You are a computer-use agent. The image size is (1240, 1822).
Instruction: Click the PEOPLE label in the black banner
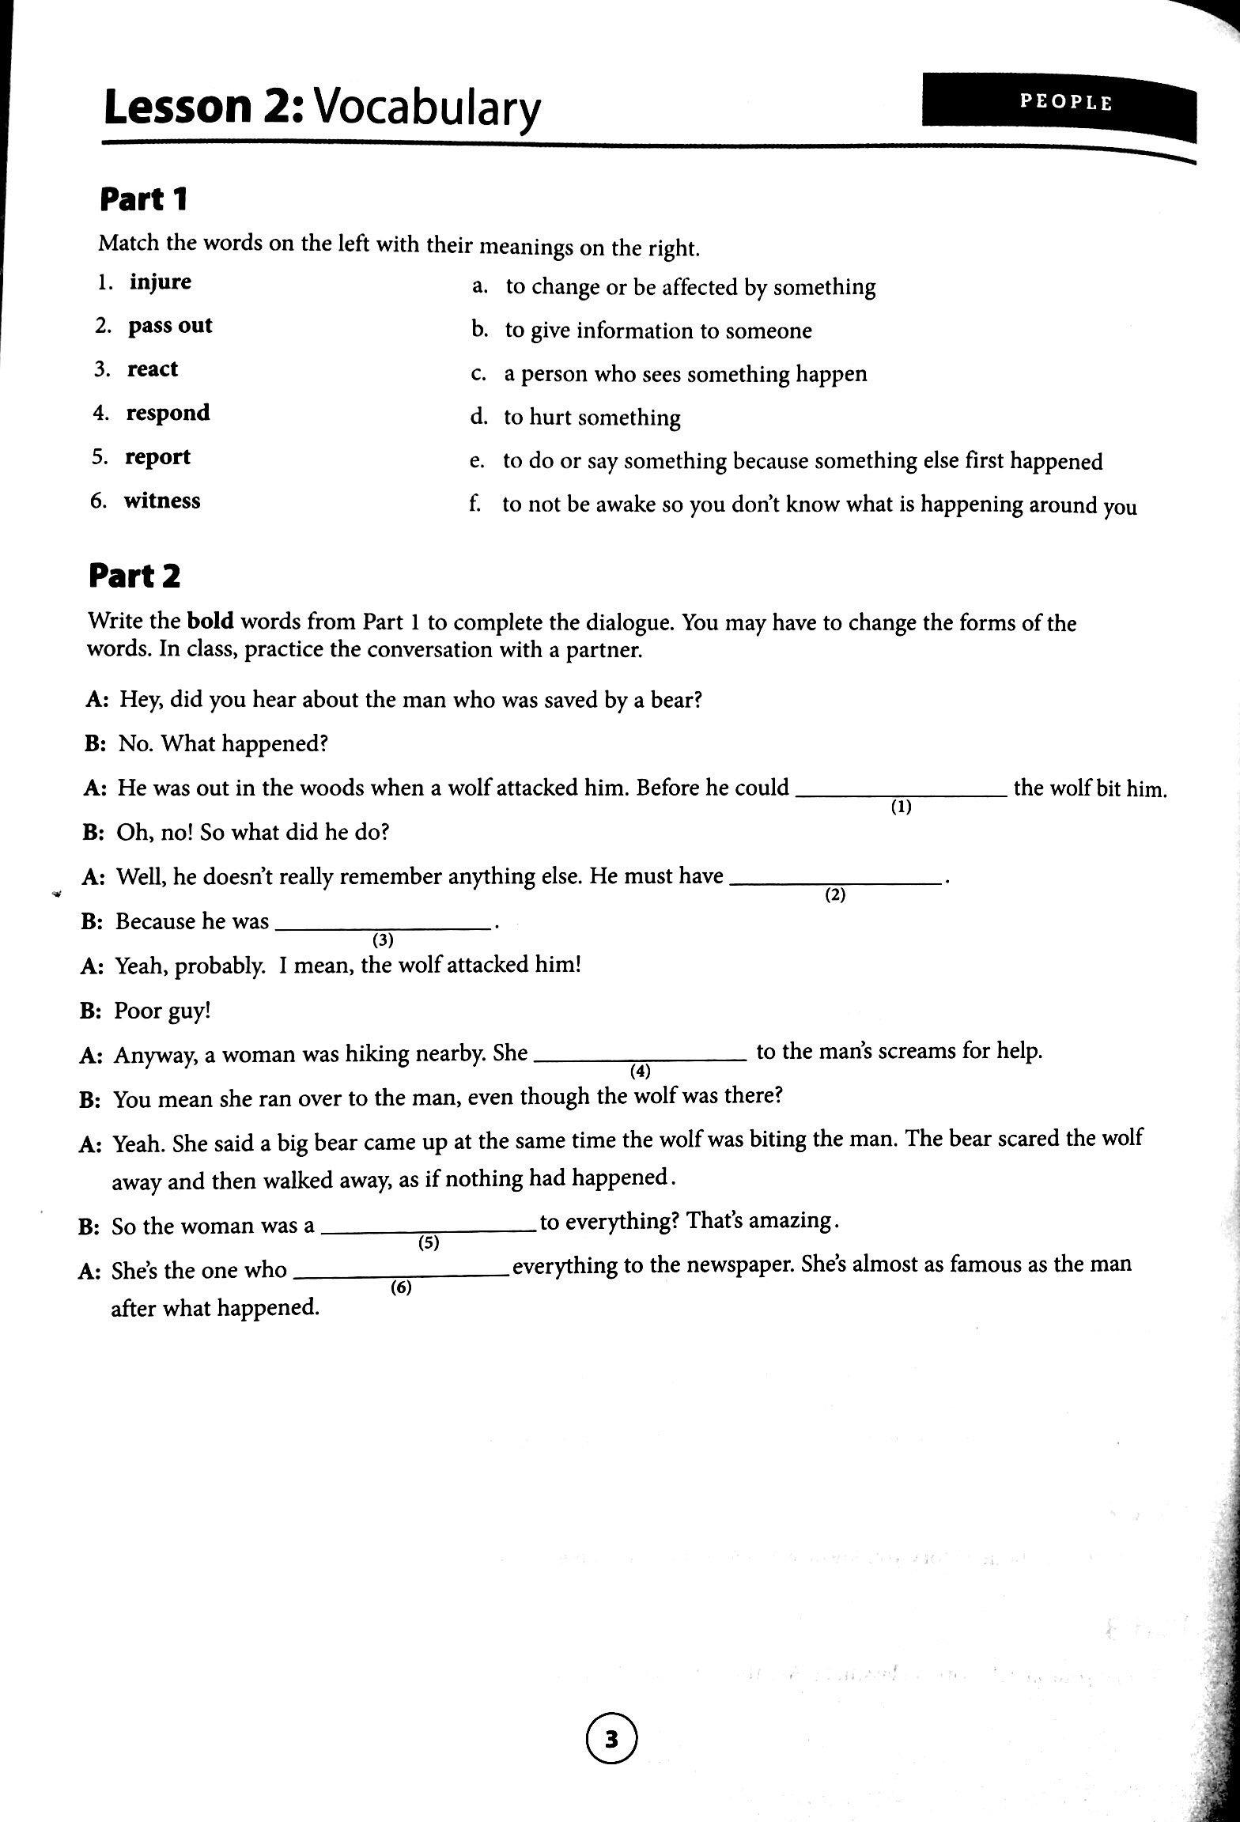point(1065,102)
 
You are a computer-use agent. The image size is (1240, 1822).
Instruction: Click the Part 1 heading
point(143,199)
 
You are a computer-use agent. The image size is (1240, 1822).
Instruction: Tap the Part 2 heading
point(134,576)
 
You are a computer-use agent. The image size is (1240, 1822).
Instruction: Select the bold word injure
point(161,282)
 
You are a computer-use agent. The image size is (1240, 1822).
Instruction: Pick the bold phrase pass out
point(170,326)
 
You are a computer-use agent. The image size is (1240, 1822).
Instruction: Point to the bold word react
point(153,369)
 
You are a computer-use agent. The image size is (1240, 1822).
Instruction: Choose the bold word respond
point(168,413)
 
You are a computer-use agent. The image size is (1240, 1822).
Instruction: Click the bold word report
point(157,457)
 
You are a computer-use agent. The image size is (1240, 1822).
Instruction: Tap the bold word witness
point(161,501)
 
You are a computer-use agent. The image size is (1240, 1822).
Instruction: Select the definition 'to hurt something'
point(592,418)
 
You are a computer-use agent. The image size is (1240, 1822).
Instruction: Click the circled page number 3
point(611,1740)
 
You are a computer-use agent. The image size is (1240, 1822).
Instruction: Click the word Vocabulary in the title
point(428,108)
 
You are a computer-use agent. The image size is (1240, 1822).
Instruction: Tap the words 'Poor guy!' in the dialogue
point(163,1011)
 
